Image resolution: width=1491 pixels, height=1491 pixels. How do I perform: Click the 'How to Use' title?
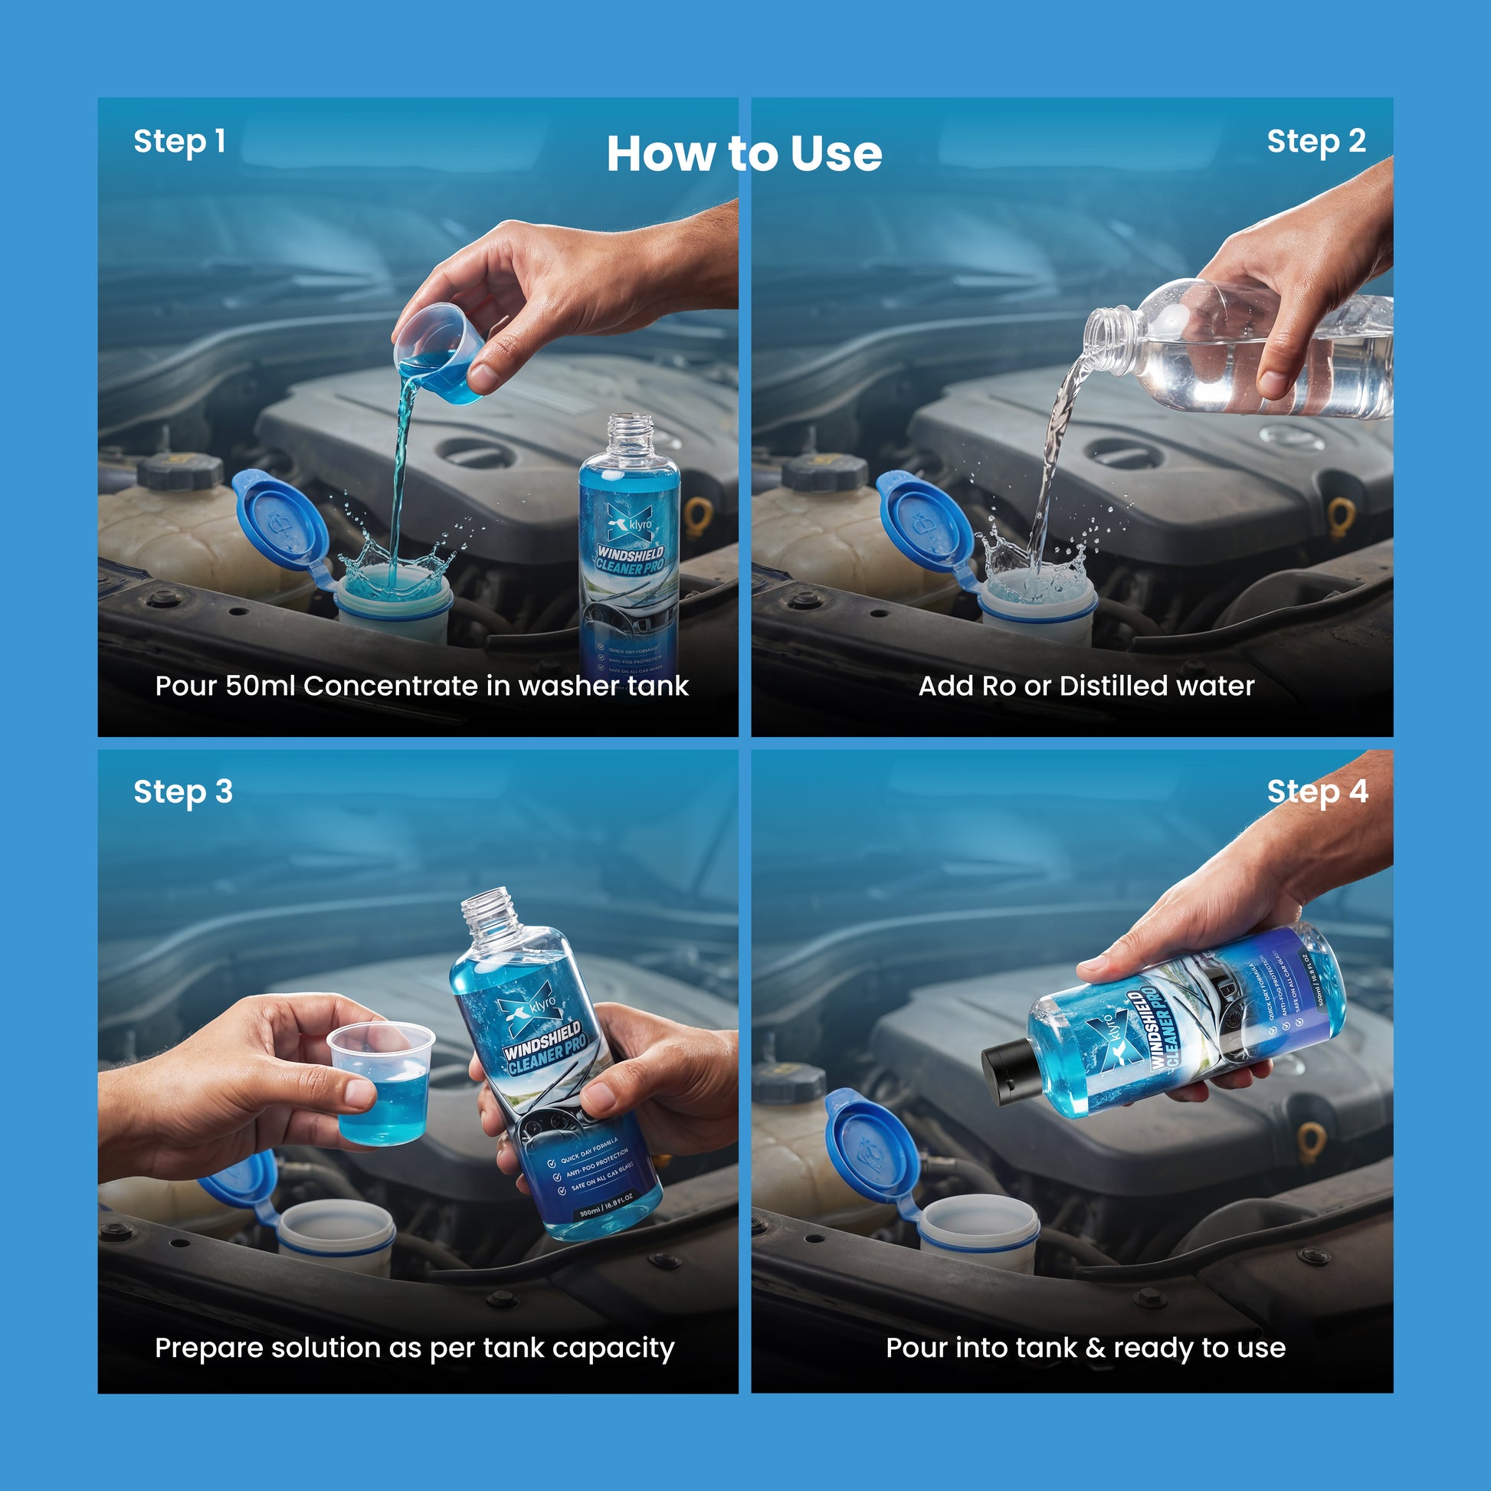tap(744, 153)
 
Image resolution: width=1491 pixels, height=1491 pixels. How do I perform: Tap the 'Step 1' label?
tap(179, 142)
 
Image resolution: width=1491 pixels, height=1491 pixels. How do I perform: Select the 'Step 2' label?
tap(1316, 142)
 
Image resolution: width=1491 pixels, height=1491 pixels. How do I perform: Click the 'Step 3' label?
tap(183, 791)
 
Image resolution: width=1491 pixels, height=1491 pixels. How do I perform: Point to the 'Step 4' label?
tap(1317, 791)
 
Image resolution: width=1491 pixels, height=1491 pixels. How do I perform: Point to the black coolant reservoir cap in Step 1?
tap(180, 471)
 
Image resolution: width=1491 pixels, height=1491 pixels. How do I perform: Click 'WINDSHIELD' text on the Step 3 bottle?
tap(542, 1041)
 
